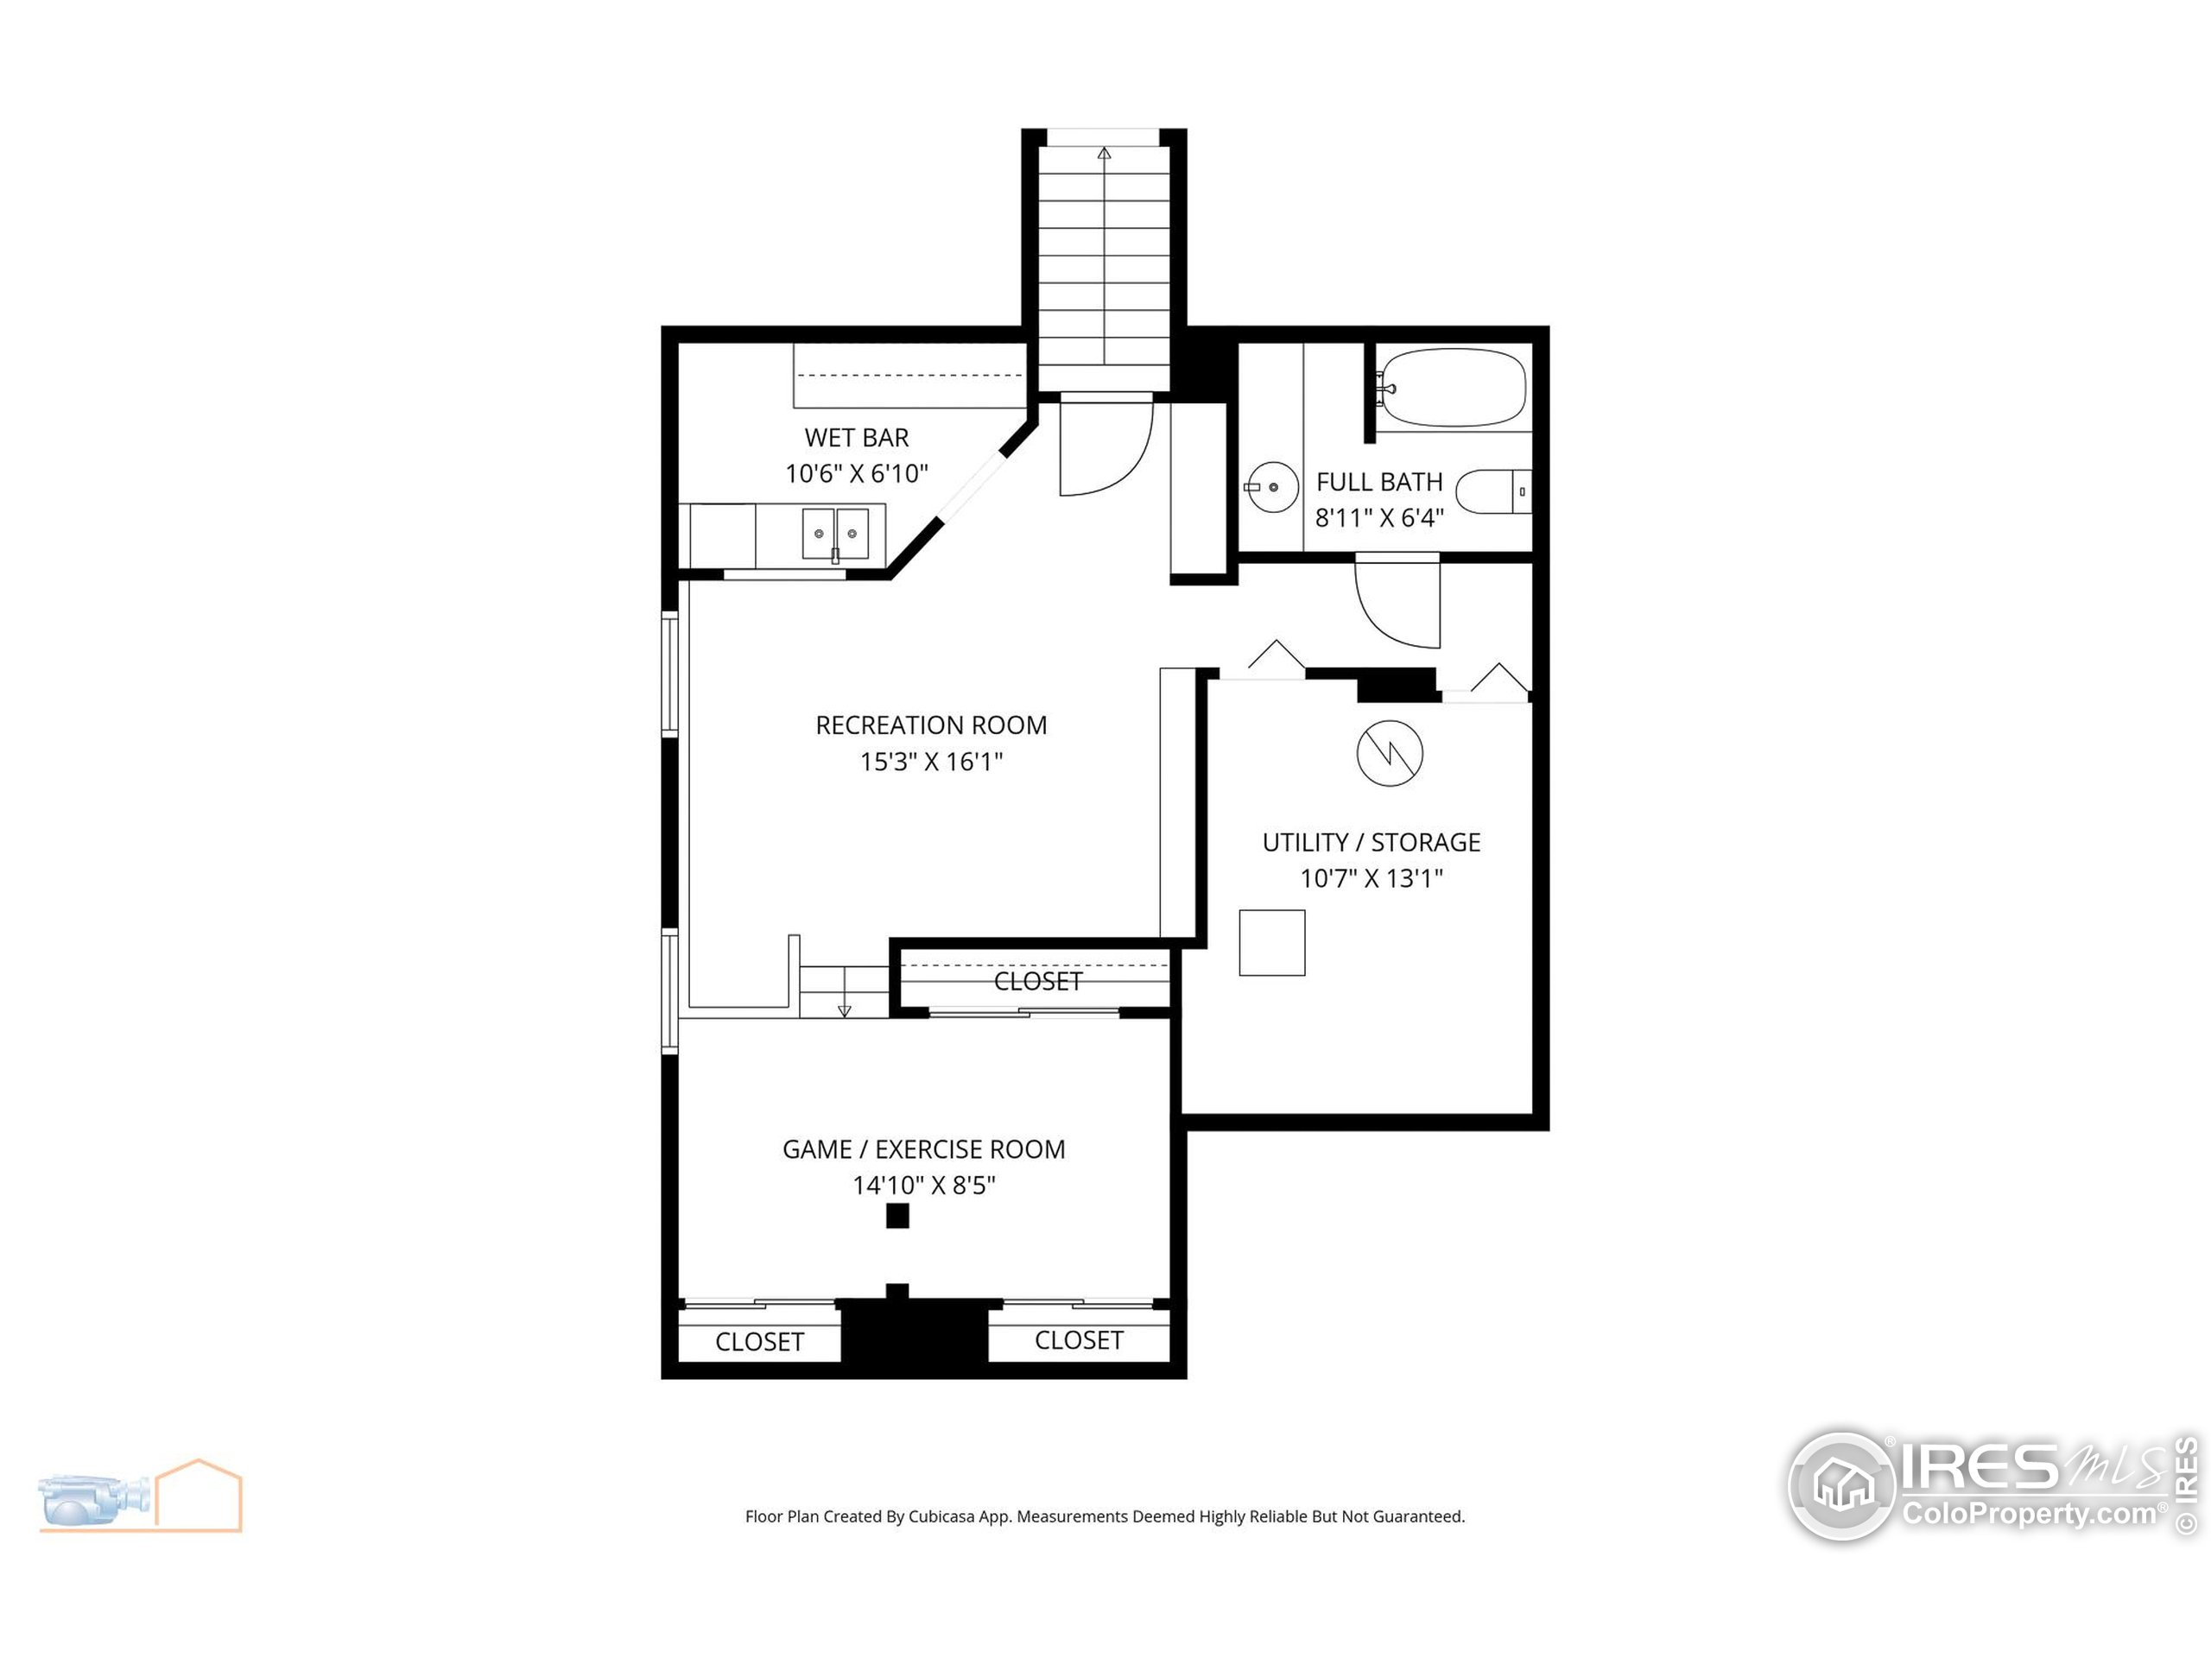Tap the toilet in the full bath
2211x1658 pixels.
click(x=1492, y=491)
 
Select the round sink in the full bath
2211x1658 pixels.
click(x=1272, y=487)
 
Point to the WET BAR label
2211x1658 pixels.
click(x=857, y=438)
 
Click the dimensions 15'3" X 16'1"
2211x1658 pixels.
click(x=930, y=762)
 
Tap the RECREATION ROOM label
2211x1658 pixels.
click(x=930, y=725)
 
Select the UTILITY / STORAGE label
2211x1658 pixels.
click(x=1371, y=843)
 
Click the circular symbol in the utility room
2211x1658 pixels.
click(x=1390, y=752)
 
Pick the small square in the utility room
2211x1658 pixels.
click(x=1271, y=942)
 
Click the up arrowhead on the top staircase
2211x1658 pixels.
click(x=1104, y=153)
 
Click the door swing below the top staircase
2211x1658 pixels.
click(x=1105, y=450)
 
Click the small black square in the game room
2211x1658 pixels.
click(x=897, y=1215)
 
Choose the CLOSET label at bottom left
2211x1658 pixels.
click(x=760, y=1341)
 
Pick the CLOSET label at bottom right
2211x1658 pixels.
click(x=1079, y=1340)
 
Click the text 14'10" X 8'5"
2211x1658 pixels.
click(x=923, y=1186)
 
